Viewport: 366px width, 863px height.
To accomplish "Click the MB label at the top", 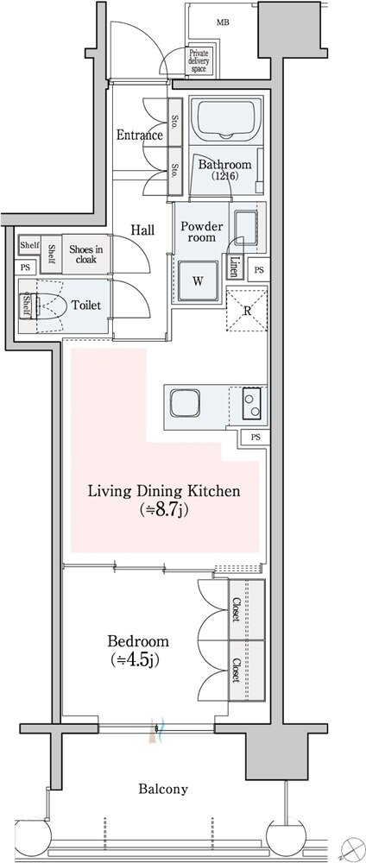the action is click(x=223, y=22).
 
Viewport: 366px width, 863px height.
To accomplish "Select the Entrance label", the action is click(x=140, y=135).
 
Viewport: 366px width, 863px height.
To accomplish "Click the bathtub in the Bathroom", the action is click(x=227, y=117).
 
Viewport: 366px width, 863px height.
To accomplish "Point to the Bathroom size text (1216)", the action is click(x=224, y=177).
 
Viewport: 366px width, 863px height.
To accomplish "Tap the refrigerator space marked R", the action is click(x=248, y=310).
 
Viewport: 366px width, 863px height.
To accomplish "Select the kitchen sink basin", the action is click(x=188, y=403).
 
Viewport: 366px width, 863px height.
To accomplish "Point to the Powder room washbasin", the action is click(x=245, y=227).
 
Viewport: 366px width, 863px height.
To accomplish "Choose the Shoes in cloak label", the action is click(x=85, y=253).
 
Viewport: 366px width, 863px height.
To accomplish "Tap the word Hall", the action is click(x=142, y=230).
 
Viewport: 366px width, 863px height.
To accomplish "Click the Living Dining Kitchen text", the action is click(x=165, y=491).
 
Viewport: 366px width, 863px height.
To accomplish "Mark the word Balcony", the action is click(x=163, y=789).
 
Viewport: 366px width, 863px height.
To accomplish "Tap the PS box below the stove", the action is click(x=255, y=438).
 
